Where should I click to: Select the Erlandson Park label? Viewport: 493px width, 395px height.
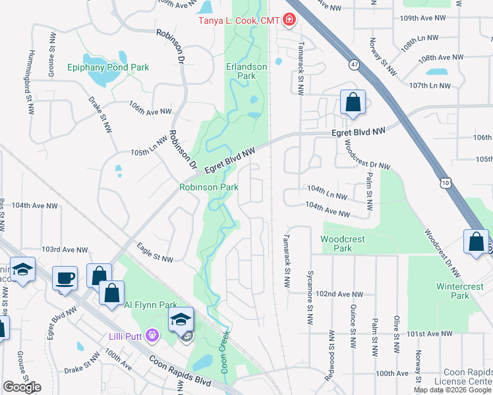pos(246,71)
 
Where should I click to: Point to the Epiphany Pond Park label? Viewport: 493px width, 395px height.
pos(108,67)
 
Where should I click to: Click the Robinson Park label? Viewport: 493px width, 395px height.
pos(209,187)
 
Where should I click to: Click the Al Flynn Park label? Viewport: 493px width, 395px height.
pos(151,305)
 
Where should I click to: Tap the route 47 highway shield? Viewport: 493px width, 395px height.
pos(355,65)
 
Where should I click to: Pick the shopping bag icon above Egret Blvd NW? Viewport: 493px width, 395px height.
pos(353,102)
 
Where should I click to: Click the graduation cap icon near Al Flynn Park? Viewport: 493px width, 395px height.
pos(181,319)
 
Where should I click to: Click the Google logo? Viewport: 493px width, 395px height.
pos(22,387)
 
